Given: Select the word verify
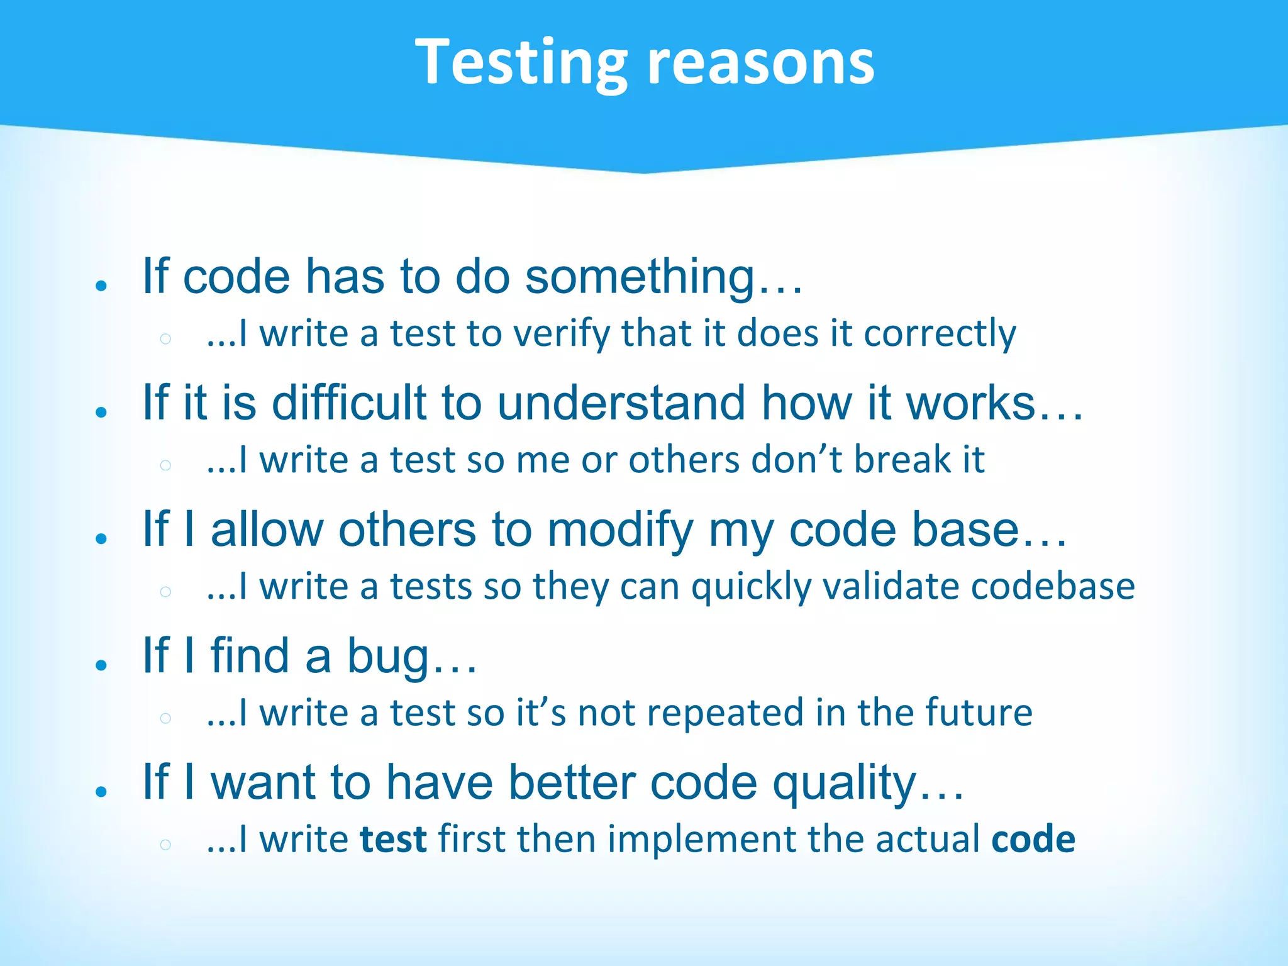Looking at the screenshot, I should coord(562,333).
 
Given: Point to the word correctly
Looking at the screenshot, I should coord(940,333).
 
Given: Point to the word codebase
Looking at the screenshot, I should coord(1053,586).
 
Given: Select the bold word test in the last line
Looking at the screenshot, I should coord(393,840).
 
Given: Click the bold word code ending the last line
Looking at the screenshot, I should coord(1033,840).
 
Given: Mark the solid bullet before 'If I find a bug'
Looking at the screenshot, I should coord(101,665).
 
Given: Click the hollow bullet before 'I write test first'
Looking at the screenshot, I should coord(165,844).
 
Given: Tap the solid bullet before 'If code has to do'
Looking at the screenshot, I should coord(101,286).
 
